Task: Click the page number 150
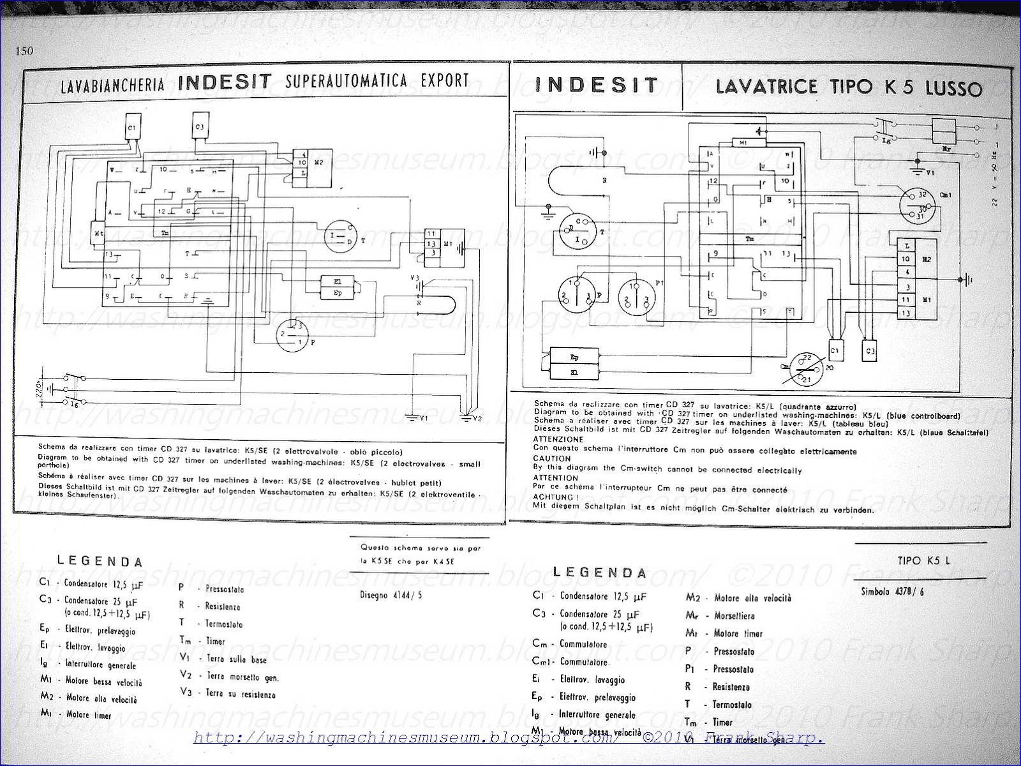[24, 52]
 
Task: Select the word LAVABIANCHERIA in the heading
[113, 85]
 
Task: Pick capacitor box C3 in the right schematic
[870, 351]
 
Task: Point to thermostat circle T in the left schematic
[343, 238]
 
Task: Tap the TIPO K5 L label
[923, 561]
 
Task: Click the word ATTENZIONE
[558, 440]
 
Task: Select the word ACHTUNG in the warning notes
[556, 497]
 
